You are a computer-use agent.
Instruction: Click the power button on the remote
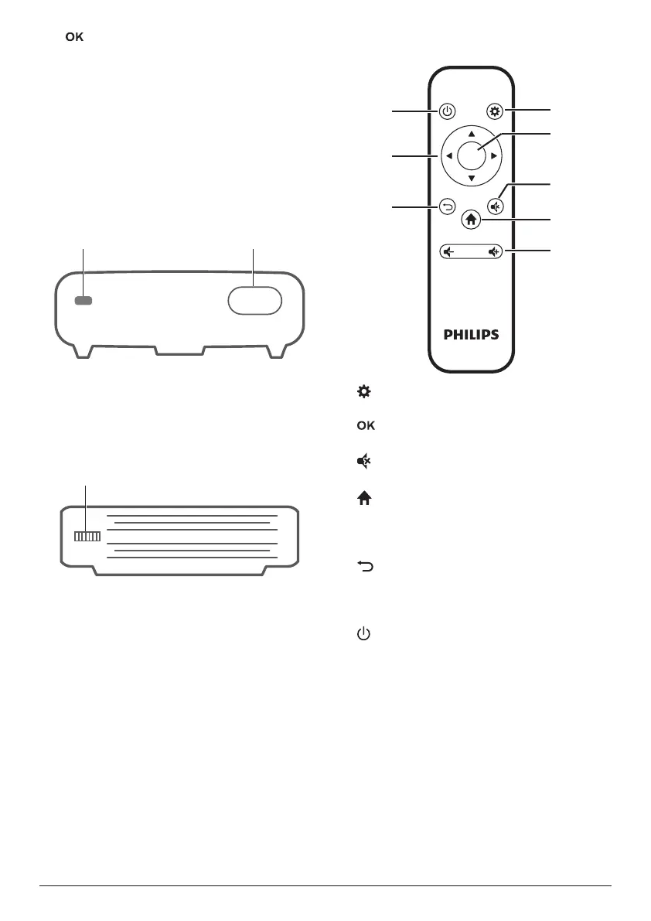click(x=447, y=111)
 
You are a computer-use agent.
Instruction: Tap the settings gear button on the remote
click(x=495, y=111)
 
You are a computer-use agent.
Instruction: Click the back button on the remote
click(x=447, y=206)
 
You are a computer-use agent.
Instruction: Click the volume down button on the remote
click(x=448, y=251)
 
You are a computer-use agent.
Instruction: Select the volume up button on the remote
click(x=494, y=251)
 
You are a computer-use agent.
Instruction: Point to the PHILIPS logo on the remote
click(x=471, y=335)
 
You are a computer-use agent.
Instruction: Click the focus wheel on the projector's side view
click(x=87, y=537)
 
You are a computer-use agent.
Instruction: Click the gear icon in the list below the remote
click(x=363, y=393)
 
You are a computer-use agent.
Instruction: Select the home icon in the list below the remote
click(x=363, y=500)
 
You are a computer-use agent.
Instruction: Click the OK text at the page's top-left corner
click(x=74, y=37)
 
